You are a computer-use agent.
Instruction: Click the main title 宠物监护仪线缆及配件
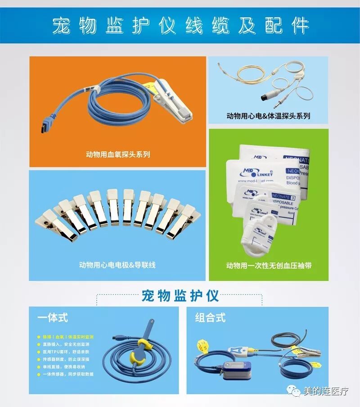point(180,26)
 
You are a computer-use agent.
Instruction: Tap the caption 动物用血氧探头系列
point(118,154)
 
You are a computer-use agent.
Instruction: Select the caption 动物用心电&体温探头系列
point(268,116)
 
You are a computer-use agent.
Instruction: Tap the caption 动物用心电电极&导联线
point(117,265)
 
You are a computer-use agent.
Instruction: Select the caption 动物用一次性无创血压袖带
point(269,266)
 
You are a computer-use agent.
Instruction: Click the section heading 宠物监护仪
point(180,296)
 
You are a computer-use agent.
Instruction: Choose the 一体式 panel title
point(52,317)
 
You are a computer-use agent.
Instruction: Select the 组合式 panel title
point(210,317)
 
